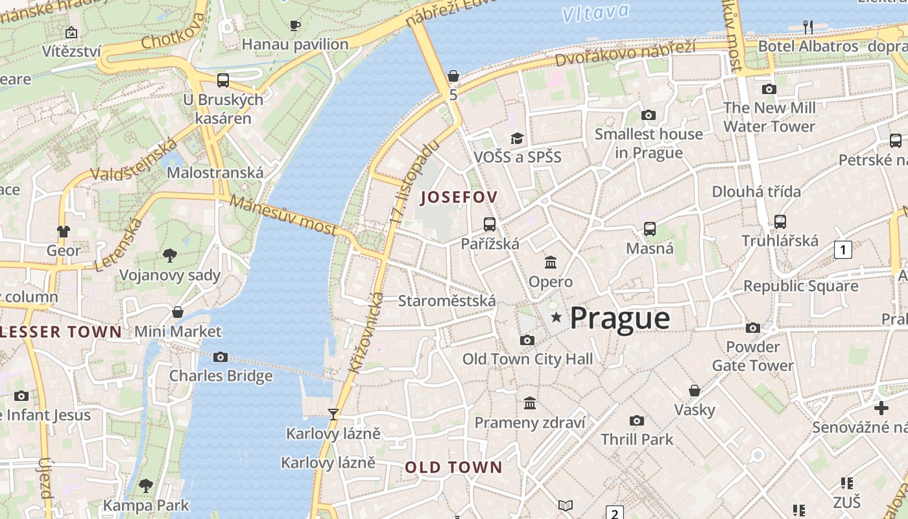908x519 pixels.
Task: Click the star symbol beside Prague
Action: click(556, 317)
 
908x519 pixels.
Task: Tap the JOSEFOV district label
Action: click(460, 197)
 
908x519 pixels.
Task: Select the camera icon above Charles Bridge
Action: click(221, 357)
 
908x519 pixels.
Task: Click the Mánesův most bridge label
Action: click(283, 215)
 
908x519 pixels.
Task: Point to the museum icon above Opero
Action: click(551, 262)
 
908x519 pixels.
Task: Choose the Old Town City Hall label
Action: click(527, 359)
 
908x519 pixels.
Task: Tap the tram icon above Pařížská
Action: click(490, 224)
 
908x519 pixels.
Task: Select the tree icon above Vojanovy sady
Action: click(170, 256)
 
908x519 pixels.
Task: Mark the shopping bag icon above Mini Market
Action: click(178, 312)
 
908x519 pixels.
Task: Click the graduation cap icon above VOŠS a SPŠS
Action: click(517, 138)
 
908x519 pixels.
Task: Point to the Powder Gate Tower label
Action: click(753, 356)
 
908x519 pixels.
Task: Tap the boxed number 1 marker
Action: click(842, 249)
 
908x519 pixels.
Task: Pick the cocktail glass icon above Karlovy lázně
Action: click(333, 414)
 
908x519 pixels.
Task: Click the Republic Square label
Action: click(800, 286)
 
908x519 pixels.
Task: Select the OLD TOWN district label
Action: click(453, 467)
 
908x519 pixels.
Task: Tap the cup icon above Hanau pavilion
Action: click(295, 25)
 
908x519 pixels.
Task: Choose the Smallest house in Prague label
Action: click(649, 143)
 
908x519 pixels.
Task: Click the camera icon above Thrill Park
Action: click(637, 420)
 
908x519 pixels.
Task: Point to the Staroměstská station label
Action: click(447, 301)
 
